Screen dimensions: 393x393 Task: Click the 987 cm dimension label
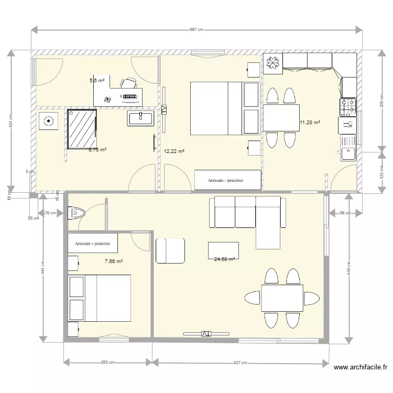pyautogui.click(x=196, y=30)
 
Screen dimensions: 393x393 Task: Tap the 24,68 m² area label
pyautogui.click(x=224, y=259)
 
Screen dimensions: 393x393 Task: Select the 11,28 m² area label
pyautogui.click(x=310, y=123)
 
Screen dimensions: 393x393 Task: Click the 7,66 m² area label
pyautogui.click(x=114, y=261)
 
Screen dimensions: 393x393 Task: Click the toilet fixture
pyautogui.click(x=77, y=213)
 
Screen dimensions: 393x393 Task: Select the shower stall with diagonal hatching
pyautogui.click(x=82, y=129)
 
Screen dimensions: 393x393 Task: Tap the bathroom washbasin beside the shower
pyautogui.click(x=140, y=118)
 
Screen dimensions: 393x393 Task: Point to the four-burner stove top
pyautogui.click(x=348, y=107)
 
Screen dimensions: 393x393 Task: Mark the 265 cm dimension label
pyautogui.click(x=108, y=362)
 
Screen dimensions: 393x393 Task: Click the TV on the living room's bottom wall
pyautogui.click(x=206, y=333)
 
